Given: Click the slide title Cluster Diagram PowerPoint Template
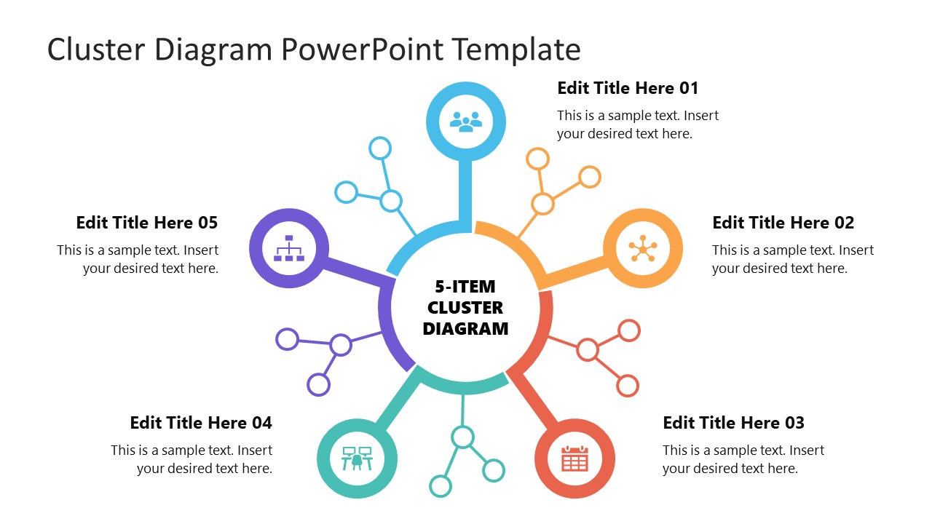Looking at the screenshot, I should (x=314, y=49).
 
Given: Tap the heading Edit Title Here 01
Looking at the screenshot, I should (x=627, y=88).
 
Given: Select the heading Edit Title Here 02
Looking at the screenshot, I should (x=783, y=223).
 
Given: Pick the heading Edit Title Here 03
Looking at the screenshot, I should (x=733, y=423).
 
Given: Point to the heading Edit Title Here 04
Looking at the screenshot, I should (x=201, y=423).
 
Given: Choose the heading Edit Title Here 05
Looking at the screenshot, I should (x=146, y=223).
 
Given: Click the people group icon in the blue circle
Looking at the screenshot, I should (x=466, y=120).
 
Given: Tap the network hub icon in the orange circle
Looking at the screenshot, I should (x=643, y=249).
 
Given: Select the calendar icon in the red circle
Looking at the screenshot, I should (x=574, y=459).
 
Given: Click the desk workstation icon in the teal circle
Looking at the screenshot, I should (x=357, y=459).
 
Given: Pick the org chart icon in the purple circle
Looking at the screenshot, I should (x=289, y=249).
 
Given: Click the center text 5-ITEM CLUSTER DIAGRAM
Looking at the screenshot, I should (x=465, y=308).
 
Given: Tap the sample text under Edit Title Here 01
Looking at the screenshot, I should (x=638, y=124).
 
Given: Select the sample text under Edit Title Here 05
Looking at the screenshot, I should (x=138, y=259).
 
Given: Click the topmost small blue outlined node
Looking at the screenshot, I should (x=380, y=148).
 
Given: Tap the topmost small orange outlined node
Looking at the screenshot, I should (x=537, y=159).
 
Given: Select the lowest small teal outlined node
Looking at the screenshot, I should (x=441, y=485).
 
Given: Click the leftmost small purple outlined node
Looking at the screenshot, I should (x=288, y=339).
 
